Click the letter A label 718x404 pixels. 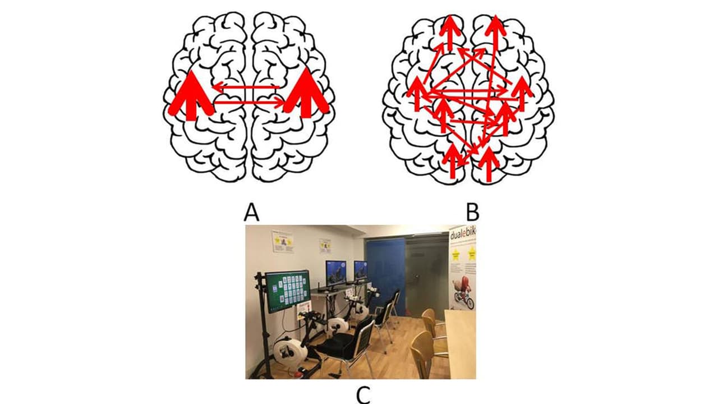coord(252,213)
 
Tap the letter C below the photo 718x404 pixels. coord(363,394)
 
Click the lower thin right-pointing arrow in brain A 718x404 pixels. coord(250,102)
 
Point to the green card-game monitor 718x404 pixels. coord(287,291)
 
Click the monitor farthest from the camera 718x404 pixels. coord(361,270)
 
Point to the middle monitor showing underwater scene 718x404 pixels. coord(335,273)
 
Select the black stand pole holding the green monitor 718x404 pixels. coord(261,325)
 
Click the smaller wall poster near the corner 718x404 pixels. coord(325,245)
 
